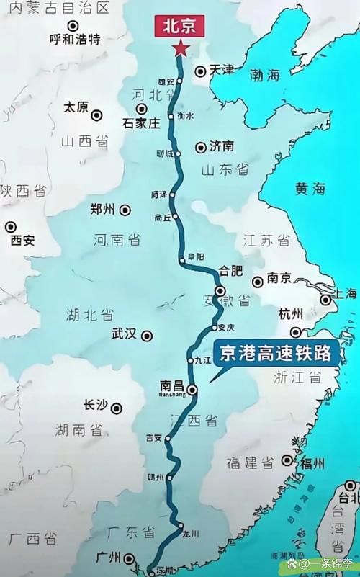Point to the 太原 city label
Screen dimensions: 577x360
click(x=76, y=107)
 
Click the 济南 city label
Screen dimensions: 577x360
click(x=222, y=146)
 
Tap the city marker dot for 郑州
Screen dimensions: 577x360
click(x=125, y=210)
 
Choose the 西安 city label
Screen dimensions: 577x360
click(x=22, y=241)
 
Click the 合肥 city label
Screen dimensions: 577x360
click(x=230, y=272)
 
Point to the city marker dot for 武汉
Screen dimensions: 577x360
click(x=147, y=335)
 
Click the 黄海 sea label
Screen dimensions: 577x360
click(x=310, y=189)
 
